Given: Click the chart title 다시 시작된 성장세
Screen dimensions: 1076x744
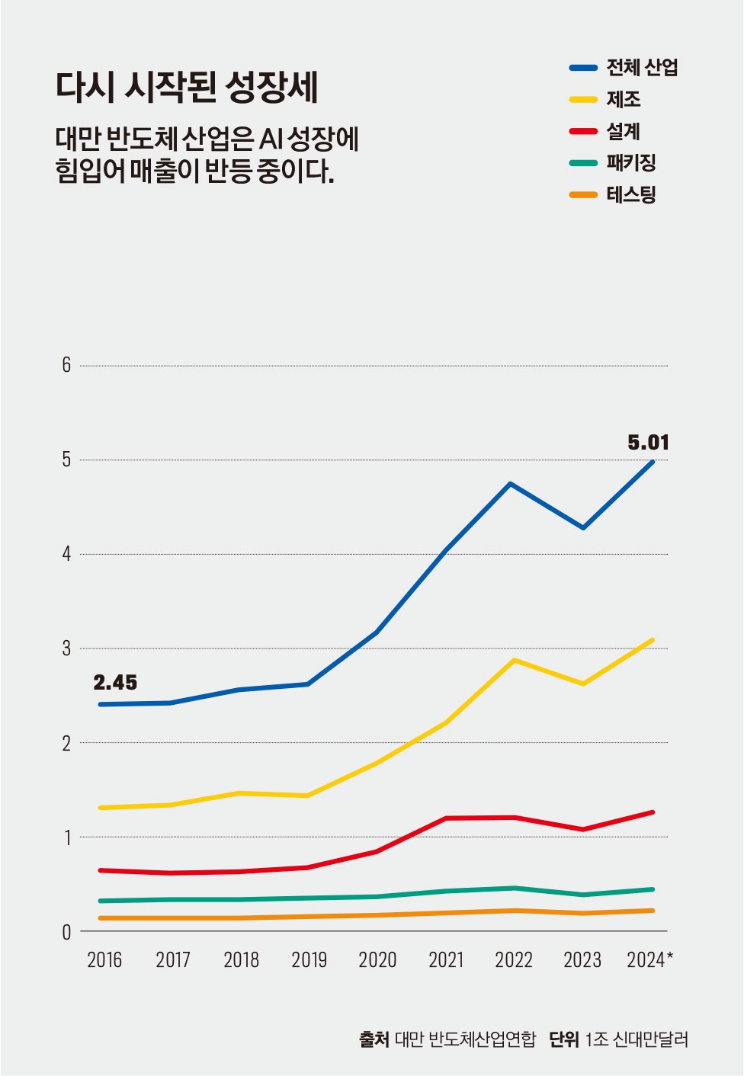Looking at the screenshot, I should click(187, 88).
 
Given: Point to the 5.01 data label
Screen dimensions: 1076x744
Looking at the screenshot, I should click(648, 442).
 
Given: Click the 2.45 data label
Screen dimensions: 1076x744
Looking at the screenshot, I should click(115, 682).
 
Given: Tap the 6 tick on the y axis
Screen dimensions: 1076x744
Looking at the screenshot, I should click(66, 366).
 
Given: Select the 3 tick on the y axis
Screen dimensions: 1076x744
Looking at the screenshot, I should click(66, 648).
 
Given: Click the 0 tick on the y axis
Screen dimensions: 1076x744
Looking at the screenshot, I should click(66, 932).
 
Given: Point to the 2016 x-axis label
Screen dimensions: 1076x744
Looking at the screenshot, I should click(104, 960).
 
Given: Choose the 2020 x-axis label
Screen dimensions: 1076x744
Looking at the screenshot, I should click(377, 960).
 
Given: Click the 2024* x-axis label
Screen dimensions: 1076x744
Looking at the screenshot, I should click(649, 960).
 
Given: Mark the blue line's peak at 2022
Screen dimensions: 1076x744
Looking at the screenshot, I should click(510, 484).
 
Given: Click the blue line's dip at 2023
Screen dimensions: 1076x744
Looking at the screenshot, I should click(583, 527).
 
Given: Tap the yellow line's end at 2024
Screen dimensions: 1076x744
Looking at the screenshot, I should click(653, 640).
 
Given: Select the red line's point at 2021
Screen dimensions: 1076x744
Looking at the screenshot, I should click(446, 818).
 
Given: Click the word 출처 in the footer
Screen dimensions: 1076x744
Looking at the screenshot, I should click(374, 1039).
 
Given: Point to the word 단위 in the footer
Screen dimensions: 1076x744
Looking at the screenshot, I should click(563, 1039).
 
